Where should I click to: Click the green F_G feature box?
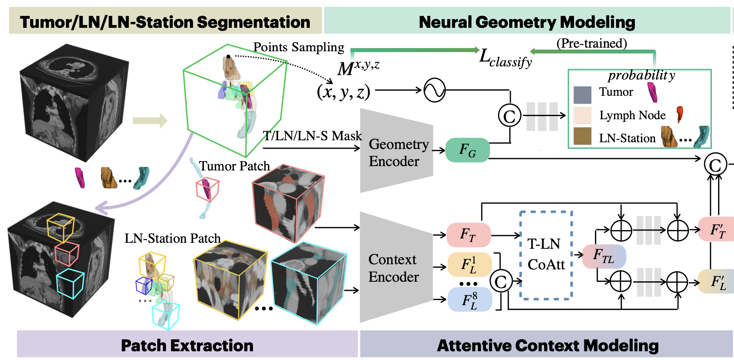click(467, 150)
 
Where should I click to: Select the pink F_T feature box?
click(469, 235)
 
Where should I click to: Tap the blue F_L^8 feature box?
click(469, 299)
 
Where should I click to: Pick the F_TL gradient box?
click(604, 256)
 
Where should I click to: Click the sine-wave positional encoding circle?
click(435, 90)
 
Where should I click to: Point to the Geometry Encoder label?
click(398, 153)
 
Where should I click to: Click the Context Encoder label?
click(393, 268)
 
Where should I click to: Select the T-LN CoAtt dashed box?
click(546, 255)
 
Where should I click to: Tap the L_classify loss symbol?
click(505, 58)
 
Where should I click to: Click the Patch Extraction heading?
click(187, 345)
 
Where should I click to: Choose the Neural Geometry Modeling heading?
click(527, 22)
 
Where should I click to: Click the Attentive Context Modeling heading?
click(548, 345)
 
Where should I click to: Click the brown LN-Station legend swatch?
click(582, 136)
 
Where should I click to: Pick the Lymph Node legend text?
click(632, 115)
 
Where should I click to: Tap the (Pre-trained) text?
click(591, 43)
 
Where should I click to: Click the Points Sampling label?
click(299, 47)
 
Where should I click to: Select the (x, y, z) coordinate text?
click(344, 92)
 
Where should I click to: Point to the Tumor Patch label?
click(234, 166)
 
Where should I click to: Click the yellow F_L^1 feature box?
click(469, 265)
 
